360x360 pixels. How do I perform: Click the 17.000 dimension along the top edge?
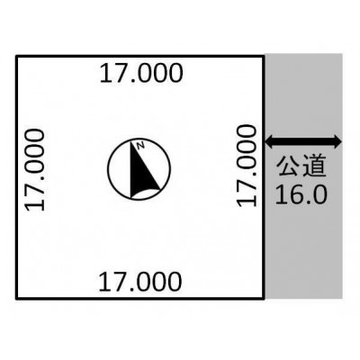140,73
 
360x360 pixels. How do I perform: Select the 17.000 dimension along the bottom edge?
139,282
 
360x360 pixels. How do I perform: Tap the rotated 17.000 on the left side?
35,169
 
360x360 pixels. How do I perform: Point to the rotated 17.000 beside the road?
247,166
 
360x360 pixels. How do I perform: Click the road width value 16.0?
301,194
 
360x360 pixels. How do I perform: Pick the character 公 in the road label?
288,166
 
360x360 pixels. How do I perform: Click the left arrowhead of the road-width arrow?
269,141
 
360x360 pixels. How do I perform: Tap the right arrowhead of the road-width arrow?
337,141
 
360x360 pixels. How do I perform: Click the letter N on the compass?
140,146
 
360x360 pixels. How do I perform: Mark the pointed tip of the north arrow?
130,140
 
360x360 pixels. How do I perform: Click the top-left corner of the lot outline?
16,56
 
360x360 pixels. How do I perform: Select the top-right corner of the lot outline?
265,56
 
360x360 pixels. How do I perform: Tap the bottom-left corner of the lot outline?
16,299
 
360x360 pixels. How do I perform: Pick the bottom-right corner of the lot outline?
265,299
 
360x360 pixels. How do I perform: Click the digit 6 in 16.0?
295,194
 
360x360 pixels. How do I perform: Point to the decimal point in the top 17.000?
131,80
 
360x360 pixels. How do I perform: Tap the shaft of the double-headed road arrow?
303,141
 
